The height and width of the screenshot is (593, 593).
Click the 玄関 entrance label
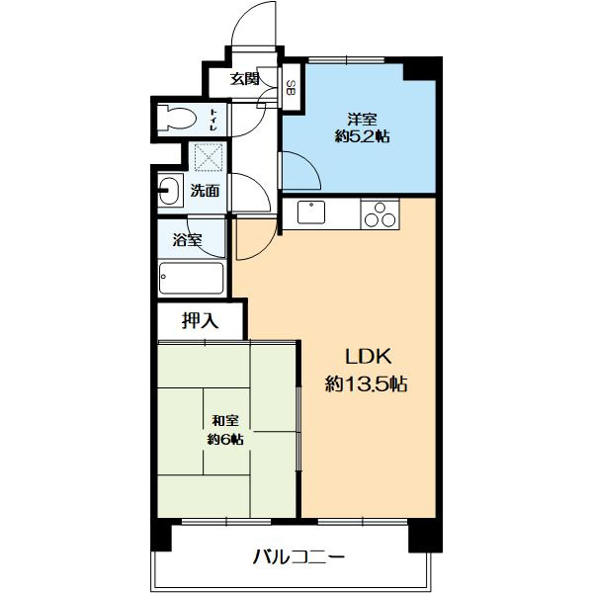point(245,80)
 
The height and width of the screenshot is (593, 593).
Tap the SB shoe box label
point(291,87)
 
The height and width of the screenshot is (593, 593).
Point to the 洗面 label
point(206,191)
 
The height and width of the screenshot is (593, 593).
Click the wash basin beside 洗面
point(168,190)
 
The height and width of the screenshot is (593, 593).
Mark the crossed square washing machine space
point(210,158)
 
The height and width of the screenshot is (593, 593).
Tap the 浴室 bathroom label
point(188,240)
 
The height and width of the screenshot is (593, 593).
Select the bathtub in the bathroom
point(190,278)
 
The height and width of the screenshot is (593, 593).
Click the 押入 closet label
point(199,320)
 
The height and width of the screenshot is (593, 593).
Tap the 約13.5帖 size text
point(367,384)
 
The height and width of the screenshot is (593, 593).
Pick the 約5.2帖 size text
point(362,137)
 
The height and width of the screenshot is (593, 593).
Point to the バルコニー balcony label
point(298,557)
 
